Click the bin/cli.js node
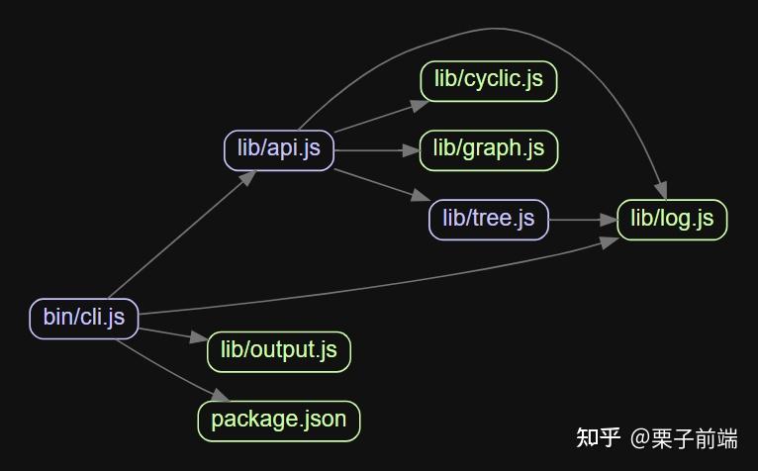(x=84, y=318)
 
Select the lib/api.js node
(x=279, y=149)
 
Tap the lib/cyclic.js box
(x=489, y=80)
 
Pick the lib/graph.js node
(x=489, y=149)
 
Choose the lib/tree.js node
(x=488, y=219)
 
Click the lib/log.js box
(x=672, y=219)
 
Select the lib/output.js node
(x=279, y=350)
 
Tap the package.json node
(x=279, y=420)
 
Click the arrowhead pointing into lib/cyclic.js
(x=413, y=103)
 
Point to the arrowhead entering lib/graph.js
(x=412, y=150)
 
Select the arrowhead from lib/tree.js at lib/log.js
(x=609, y=220)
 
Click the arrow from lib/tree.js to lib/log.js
(x=579, y=220)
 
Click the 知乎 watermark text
(x=598, y=437)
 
